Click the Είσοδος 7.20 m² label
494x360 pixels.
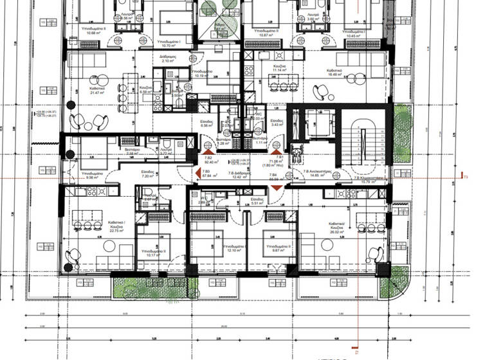point(147,174)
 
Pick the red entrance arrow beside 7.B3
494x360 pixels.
point(198,173)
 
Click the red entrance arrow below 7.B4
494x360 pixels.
point(276,186)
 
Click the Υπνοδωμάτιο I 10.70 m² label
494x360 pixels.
point(170,44)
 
